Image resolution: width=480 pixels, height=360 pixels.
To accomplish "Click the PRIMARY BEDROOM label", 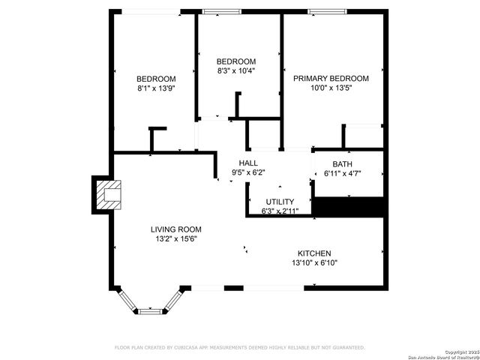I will [331, 79].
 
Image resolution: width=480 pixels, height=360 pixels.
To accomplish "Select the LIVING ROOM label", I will [175, 229].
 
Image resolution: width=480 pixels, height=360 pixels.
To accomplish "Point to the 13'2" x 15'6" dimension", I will [175, 239].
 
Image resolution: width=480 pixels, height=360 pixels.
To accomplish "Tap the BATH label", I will [342, 164].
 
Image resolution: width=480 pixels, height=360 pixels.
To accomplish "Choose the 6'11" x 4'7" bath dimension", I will [342, 174].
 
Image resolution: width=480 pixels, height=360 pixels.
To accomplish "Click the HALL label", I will [248, 163].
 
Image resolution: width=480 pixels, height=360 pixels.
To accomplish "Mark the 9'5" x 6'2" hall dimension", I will [248, 172].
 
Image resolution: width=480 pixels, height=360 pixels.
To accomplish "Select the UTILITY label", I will [280, 202].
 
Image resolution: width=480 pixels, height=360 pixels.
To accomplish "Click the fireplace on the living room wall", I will [105, 194].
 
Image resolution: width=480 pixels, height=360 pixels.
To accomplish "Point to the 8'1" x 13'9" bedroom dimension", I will [156, 88].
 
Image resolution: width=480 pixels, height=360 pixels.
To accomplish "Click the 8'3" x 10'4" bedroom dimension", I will [236, 71].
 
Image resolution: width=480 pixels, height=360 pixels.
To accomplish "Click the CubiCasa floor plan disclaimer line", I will [239, 347].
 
